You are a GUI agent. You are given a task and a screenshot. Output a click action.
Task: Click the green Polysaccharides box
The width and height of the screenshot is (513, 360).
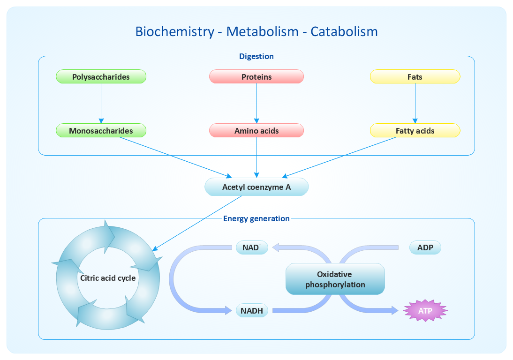(x=101, y=77)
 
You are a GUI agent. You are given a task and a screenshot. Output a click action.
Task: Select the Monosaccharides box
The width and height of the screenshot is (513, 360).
(x=101, y=131)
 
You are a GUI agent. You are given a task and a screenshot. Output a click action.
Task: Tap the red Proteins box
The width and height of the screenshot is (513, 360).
(x=256, y=77)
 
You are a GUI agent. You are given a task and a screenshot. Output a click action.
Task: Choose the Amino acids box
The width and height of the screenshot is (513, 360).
(x=256, y=131)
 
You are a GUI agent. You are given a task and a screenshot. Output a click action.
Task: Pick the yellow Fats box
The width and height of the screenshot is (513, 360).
(x=415, y=77)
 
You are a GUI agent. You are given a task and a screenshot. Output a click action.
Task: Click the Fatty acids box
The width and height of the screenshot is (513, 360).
(x=415, y=131)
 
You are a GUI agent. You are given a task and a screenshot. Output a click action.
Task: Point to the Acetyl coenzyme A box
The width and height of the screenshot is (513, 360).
(x=256, y=187)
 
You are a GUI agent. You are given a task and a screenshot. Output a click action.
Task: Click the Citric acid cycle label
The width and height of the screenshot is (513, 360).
(x=108, y=278)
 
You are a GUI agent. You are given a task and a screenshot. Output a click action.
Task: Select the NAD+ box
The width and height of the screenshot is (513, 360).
(x=252, y=247)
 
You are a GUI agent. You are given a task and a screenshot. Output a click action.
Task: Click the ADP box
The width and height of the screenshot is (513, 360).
(x=425, y=247)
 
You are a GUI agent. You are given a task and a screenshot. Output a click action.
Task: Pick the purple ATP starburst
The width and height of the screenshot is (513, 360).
(x=425, y=310)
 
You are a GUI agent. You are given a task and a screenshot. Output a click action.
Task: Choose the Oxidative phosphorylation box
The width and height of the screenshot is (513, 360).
(x=335, y=279)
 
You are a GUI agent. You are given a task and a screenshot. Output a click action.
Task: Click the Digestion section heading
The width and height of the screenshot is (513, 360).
(x=256, y=56)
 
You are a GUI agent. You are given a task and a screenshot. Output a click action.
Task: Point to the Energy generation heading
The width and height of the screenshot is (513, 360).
(x=256, y=218)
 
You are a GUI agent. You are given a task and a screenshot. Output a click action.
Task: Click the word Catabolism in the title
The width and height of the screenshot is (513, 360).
(x=344, y=31)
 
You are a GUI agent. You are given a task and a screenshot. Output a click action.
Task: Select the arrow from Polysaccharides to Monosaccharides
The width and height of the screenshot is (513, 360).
(x=101, y=103)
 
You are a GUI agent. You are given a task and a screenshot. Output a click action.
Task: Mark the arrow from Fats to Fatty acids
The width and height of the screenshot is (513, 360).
(x=415, y=103)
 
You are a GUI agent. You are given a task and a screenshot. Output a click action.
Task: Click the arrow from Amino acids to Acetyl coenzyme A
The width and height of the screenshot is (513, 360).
(x=256, y=157)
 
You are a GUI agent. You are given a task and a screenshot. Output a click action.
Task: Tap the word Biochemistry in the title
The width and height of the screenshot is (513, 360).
(x=174, y=31)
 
